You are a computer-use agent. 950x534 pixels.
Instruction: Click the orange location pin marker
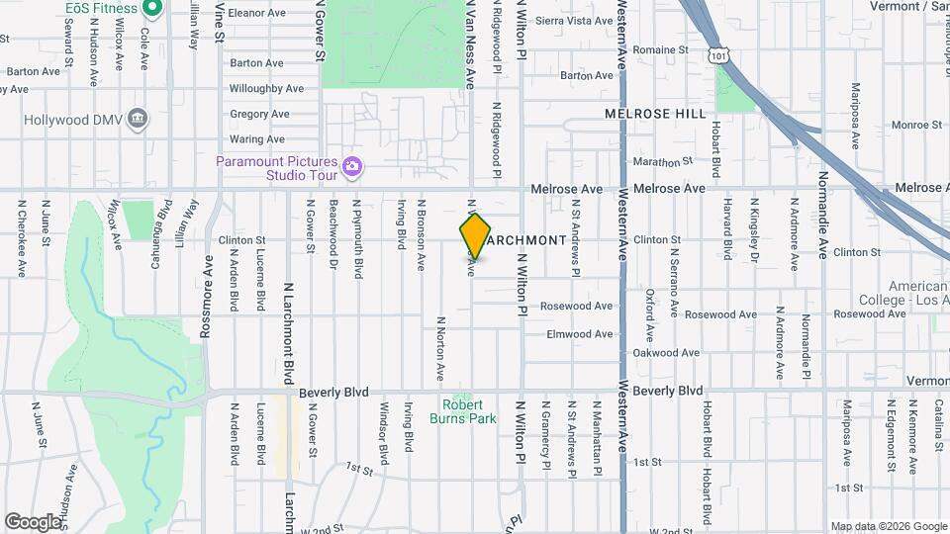pos(475,236)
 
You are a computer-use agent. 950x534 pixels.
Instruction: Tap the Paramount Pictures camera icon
pos(350,167)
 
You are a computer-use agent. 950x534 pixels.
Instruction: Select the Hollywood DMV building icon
pos(138,120)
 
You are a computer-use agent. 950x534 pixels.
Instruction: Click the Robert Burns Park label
pos(462,411)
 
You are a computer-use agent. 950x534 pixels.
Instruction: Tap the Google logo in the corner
pos(33,521)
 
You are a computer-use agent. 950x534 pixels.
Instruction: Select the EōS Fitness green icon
pos(151,9)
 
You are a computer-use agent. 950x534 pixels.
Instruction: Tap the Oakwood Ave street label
pos(666,353)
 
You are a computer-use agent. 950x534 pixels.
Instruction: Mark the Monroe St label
pos(915,126)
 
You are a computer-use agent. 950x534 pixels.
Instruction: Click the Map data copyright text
pos(888,526)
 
